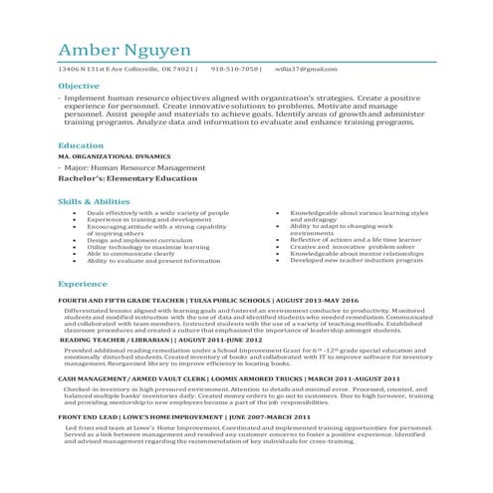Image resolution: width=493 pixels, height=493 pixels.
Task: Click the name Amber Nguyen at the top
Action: tap(123, 51)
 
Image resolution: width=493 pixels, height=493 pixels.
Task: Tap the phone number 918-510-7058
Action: tap(235, 69)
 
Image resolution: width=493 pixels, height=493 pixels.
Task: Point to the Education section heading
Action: tap(81, 145)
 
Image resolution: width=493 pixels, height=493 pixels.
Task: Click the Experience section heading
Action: tap(83, 283)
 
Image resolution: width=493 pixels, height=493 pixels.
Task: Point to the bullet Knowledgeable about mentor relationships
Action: tap(357, 253)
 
